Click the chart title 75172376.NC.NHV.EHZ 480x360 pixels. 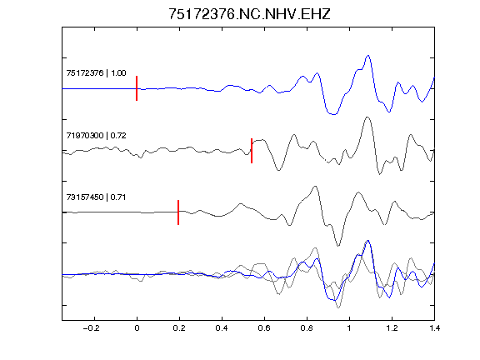[249, 14]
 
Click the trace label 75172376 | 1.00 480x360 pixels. [96, 72]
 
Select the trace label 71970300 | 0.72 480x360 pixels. [96, 135]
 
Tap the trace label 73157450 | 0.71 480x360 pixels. [96, 197]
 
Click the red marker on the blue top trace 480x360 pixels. [137, 88]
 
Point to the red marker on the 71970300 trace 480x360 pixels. [252, 151]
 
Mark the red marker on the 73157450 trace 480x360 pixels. [178, 212]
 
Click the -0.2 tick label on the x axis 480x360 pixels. [92, 328]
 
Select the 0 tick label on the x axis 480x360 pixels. [137, 328]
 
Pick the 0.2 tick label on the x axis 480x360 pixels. [179, 328]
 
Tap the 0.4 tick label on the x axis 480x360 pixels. [222, 328]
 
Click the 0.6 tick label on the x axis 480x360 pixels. [264, 328]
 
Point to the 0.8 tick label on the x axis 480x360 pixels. [307, 328]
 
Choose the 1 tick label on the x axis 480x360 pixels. [349, 328]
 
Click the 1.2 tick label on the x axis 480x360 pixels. [392, 328]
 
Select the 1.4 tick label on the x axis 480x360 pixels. [434, 328]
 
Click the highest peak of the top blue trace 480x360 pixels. [368, 56]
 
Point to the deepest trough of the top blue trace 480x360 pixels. [333, 114]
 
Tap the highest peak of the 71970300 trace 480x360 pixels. [367, 117]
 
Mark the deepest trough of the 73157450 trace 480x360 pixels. [338, 246]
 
